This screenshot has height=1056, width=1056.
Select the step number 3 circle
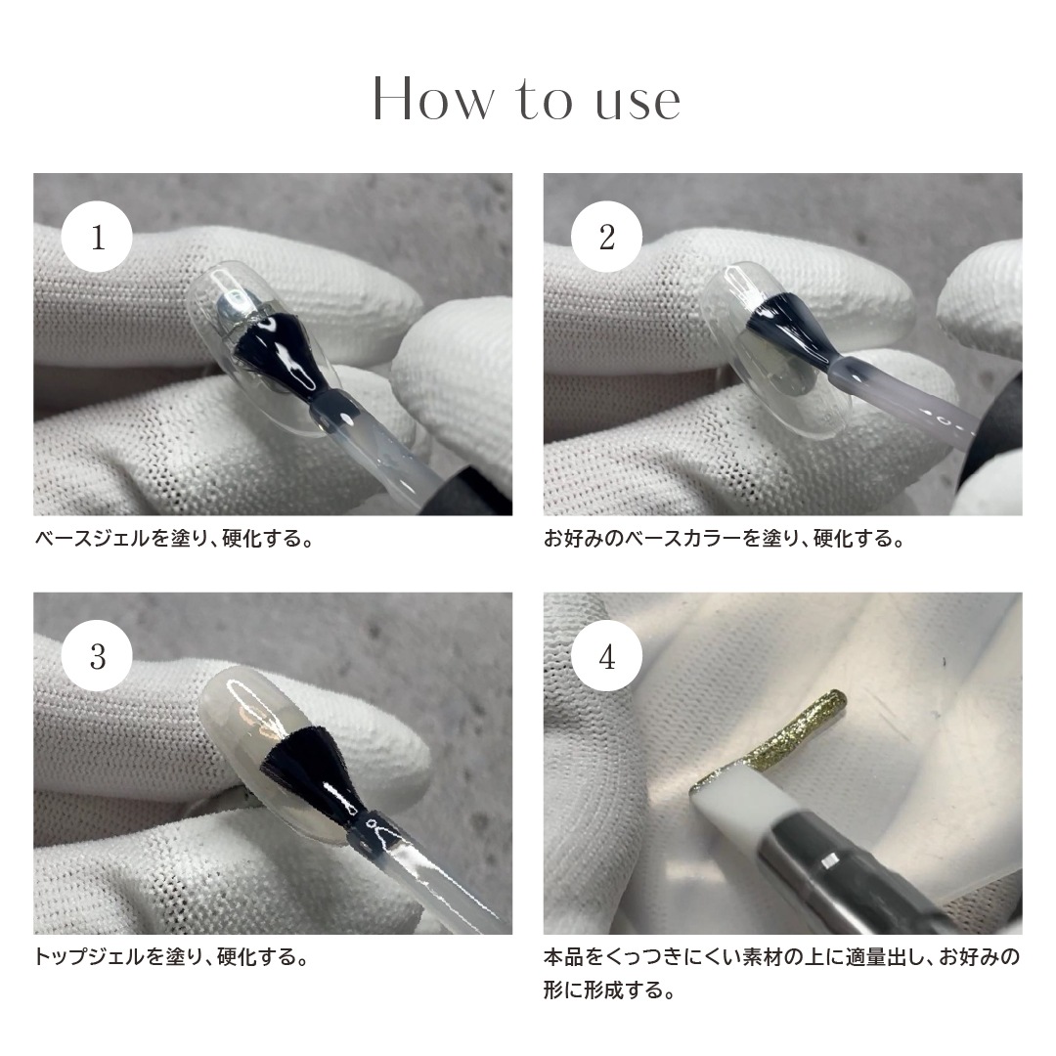coord(98,657)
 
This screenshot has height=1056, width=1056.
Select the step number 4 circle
coord(607,657)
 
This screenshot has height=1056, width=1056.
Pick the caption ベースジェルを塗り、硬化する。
coord(174,539)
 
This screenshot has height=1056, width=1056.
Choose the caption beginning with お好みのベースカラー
coord(724,539)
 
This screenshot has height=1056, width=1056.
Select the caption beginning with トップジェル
coord(172,956)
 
